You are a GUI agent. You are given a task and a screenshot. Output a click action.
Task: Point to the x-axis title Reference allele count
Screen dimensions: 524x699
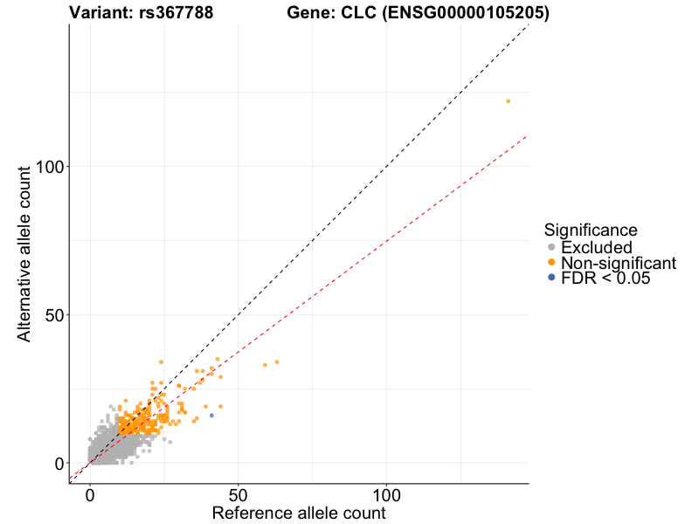coord(299,513)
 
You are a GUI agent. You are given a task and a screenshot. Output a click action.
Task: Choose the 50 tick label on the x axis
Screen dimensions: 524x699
coord(238,493)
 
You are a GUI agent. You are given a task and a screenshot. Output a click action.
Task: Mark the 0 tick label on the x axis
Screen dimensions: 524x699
coord(89,493)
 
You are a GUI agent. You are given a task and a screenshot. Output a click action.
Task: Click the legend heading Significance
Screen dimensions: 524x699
coord(590,230)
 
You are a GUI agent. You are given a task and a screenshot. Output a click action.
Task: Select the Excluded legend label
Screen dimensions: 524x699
coord(596,247)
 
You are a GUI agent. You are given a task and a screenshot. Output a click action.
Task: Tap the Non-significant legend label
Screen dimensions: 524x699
coord(618,263)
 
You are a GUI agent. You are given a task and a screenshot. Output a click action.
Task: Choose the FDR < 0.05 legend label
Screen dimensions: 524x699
coord(606,279)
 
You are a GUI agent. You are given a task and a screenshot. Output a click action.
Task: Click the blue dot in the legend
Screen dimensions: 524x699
coord(550,278)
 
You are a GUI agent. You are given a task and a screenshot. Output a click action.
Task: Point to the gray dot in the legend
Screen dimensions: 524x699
coord(550,247)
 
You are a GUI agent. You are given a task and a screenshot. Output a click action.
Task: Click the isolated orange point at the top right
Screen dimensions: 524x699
coord(508,101)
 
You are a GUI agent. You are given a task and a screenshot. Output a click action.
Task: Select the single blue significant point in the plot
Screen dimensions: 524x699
coord(211,415)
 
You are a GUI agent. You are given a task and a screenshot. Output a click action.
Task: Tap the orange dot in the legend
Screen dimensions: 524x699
coord(550,263)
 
